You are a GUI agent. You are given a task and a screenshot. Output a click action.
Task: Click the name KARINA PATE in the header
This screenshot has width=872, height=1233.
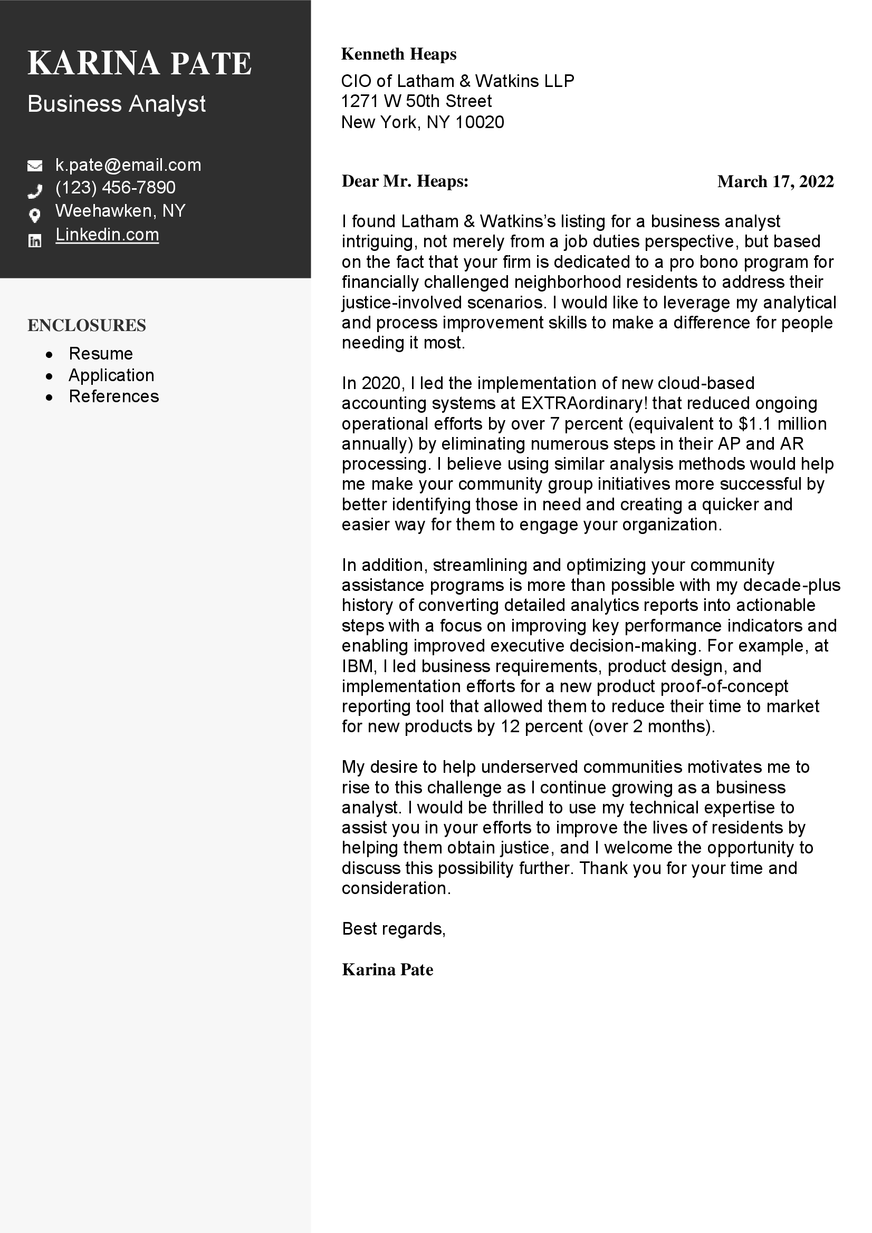[x=139, y=63]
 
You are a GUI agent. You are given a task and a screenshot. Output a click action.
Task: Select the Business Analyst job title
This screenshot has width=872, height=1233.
[x=116, y=104]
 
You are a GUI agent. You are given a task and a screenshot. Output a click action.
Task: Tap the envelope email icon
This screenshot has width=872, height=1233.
[x=35, y=166]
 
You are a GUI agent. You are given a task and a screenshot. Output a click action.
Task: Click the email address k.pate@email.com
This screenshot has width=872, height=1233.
[x=128, y=165]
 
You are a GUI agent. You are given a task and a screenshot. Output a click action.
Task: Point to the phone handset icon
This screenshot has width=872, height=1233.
[x=35, y=190]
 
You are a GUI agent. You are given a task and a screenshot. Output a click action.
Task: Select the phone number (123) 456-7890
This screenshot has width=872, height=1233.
[x=115, y=188]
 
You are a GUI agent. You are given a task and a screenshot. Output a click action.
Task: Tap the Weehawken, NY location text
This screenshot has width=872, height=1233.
[x=120, y=210]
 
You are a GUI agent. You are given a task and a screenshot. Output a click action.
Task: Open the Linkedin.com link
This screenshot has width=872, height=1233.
[x=107, y=235]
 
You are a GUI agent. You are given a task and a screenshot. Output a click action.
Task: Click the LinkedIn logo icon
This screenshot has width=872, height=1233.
[x=35, y=240]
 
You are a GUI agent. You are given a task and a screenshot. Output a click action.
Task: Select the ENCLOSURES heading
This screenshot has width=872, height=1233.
[x=87, y=325]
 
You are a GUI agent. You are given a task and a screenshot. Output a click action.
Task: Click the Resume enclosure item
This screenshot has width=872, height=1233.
[x=100, y=354]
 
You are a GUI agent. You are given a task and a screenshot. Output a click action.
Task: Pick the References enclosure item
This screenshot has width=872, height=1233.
[x=113, y=396]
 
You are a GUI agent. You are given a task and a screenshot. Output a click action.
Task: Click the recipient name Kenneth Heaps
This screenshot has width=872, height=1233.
[x=399, y=54]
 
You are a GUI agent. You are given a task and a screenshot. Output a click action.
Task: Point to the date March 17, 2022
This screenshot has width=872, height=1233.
[x=775, y=182]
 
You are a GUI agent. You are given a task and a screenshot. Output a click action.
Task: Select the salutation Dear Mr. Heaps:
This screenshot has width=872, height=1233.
[x=405, y=181]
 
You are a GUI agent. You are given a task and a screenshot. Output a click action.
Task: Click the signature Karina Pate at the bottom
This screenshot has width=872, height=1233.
[x=387, y=969]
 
